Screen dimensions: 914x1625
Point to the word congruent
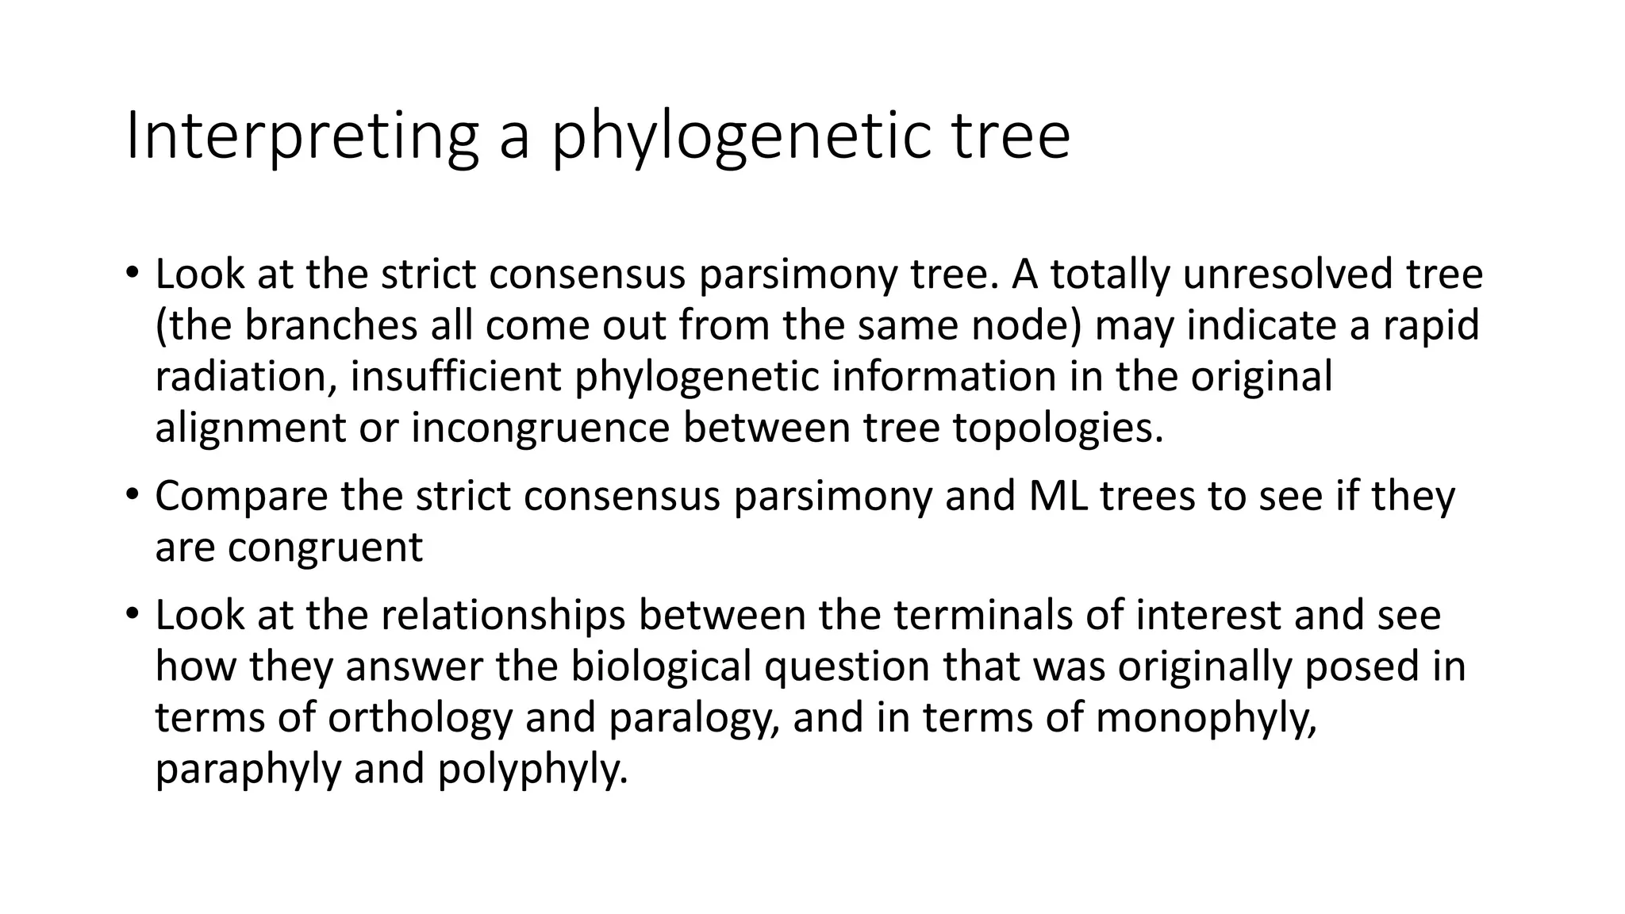click(x=325, y=547)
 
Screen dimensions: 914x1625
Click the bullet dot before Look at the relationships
click(x=132, y=614)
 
